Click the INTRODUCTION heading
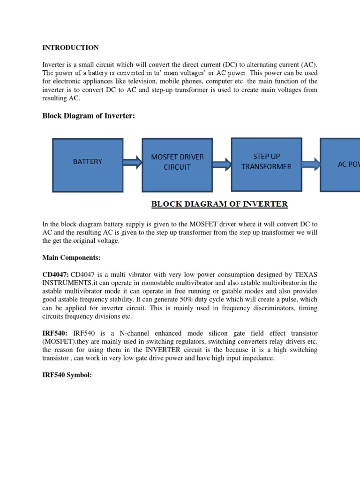tap(70, 48)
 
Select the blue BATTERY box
tap(88, 162)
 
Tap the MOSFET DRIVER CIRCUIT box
tap(177, 162)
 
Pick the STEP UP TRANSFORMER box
tap(266, 161)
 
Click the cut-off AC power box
tap(340, 165)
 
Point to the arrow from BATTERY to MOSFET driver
tap(133, 163)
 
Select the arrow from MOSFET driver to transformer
tap(222, 164)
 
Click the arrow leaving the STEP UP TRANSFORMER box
tap(311, 164)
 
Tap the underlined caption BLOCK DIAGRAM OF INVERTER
tap(219, 204)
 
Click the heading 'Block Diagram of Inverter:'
tap(89, 116)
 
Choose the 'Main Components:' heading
tap(71, 258)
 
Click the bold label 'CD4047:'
tap(56, 274)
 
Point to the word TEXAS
tap(303, 274)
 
